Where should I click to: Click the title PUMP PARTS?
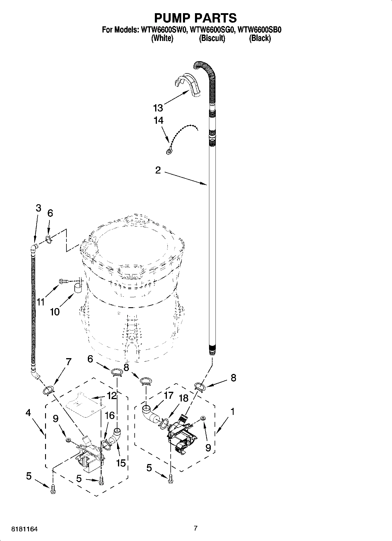tap(195, 18)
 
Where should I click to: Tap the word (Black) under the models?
tap(260, 38)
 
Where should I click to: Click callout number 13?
tap(158, 108)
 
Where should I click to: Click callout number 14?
tap(158, 121)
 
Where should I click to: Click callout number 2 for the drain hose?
tap(158, 170)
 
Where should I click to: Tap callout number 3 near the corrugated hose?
tap(38, 208)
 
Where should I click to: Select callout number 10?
tap(55, 312)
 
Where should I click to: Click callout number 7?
tap(68, 362)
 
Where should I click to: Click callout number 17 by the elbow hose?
tap(169, 396)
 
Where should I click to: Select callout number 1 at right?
tap(232, 412)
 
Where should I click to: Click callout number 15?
tap(121, 463)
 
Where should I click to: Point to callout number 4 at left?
tap(28, 413)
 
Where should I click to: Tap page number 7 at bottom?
tap(196, 528)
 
